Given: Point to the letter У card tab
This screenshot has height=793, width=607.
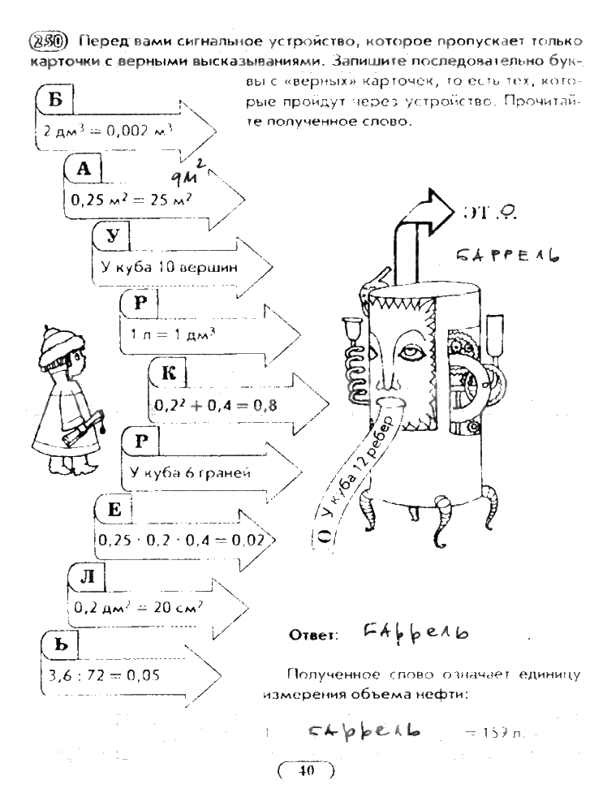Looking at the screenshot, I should tap(114, 236).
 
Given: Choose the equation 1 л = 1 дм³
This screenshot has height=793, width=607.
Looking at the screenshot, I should tap(161, 334).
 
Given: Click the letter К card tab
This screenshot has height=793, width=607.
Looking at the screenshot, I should tap(169, 373).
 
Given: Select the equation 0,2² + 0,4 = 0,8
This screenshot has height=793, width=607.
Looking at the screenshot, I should tap(214, 404).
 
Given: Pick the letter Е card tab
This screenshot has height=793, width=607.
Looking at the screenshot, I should tap(114, 511).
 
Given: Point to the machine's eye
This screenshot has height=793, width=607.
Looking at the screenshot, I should tap(413, 355).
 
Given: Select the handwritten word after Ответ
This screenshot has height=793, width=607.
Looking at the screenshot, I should tap(404, 631).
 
